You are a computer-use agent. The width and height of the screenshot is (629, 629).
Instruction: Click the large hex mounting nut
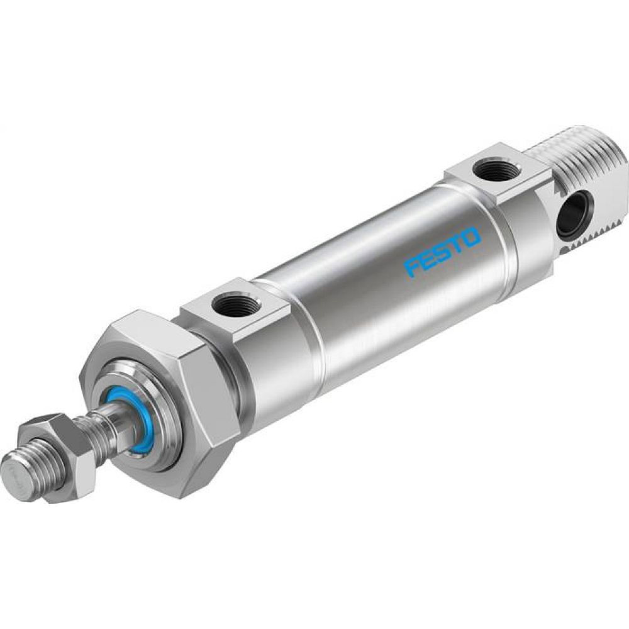coord(189,403)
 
